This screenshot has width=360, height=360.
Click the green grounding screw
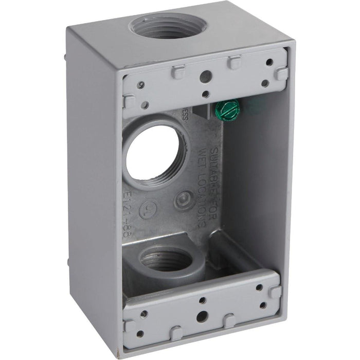point(225,109)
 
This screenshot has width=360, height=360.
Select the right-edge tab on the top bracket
point(281,73)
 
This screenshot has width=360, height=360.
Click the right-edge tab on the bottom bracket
point(275,292)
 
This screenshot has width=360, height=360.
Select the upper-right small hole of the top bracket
point(268,62)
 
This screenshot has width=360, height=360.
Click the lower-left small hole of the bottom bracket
point(140,334)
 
